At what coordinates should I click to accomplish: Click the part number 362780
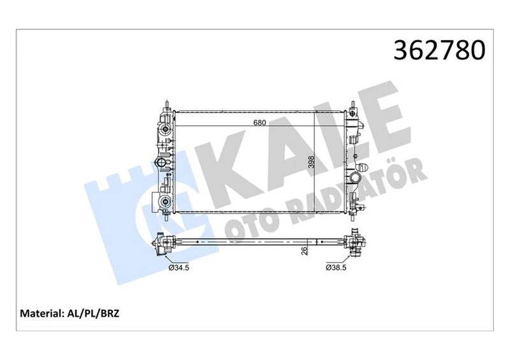click(439, 51)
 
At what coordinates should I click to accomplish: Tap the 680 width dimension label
click(259, 122)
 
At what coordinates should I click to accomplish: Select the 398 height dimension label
click(311, 162)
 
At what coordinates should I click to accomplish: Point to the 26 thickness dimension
click(305, 251)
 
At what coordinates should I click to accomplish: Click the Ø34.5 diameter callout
click(179, 268)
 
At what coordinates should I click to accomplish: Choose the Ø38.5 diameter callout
click(336, 268)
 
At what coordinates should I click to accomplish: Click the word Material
click(41, 313)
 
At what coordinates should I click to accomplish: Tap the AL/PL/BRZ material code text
click(93, 313)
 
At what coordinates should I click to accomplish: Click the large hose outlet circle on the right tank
click(356, 178)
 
